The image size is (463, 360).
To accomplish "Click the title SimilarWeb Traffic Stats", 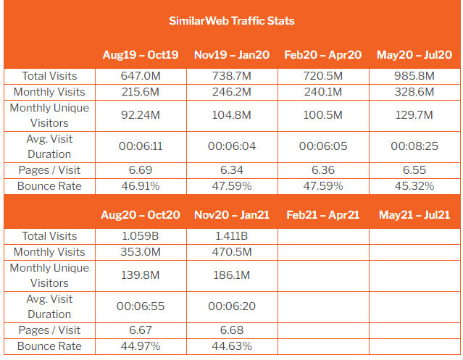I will [x=231, y=20].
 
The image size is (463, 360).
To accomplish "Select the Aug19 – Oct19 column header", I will [x=141, y=55].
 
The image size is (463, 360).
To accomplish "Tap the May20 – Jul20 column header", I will [x=413, y=55].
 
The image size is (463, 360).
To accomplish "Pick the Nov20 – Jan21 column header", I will [x=231, y=215].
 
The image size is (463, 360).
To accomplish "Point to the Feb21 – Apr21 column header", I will [x=322, y=215].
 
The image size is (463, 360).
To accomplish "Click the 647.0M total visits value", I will [x=141, y=76].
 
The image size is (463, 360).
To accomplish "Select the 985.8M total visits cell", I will [x=413, y=76].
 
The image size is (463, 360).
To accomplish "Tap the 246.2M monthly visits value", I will [x=231, y=92].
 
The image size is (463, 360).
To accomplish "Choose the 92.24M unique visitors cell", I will [x=141, y=115].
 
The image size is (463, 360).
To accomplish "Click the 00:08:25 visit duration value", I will [x=413, y=146].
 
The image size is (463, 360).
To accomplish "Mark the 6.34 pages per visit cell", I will [x=231, y=170].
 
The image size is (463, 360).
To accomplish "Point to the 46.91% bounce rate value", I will [x=141, y=186].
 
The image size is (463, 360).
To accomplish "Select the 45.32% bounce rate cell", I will [x=413, y=186].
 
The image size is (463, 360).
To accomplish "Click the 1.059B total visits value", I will [x=141, y=236].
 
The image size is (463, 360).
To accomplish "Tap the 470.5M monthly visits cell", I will [x=231, y=252].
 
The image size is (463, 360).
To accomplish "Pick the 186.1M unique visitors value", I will [x=231, y=275].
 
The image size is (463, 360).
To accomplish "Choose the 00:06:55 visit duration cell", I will [x=141, y=306].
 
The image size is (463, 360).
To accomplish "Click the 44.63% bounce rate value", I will [x=231, y=346].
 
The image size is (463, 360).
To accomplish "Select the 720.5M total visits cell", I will [x=322, y=76].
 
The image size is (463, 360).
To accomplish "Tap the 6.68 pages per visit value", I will [x=231, y=330].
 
